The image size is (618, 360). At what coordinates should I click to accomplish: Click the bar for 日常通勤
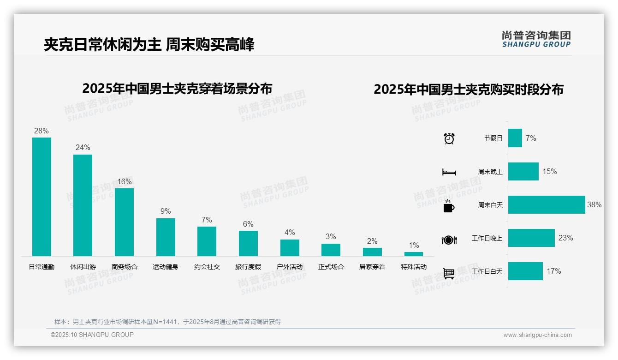pos(42,197)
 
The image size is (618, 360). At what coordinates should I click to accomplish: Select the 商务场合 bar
pos(124,222)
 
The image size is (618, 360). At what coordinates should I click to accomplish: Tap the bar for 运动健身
pos(166,237)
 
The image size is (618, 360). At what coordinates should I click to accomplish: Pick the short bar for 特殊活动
pos(413,254)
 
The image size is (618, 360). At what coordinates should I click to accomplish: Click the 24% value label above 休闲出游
pos(83,148)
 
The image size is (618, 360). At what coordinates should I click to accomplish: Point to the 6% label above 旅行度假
pos(248,224)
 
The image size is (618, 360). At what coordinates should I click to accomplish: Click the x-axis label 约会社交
pos(207,267)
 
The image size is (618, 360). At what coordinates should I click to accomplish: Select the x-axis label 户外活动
pos(290,267)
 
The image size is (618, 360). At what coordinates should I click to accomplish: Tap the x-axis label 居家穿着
pos(372,267)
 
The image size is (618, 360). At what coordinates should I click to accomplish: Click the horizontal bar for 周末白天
pos(547,204)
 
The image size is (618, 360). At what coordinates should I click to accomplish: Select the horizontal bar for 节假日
pos(515,138)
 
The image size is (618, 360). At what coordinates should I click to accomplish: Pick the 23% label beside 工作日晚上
pos(565,238)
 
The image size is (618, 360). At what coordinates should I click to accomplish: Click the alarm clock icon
pos(449,138)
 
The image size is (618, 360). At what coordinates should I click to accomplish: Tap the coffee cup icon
pos(449,206)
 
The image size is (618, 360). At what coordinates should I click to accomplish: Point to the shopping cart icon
pos(449,273)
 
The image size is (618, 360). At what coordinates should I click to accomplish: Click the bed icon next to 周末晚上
pos(449,172)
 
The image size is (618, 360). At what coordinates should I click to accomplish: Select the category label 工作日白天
pos(487,271)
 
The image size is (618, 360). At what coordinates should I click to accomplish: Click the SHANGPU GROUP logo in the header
pos(536,39)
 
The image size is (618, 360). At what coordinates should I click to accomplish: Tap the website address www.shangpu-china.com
pos(537,335)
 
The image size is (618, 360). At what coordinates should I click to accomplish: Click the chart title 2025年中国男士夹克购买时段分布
pos(469,90)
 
